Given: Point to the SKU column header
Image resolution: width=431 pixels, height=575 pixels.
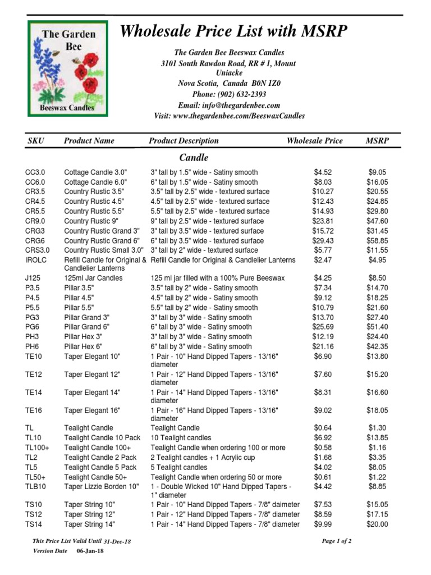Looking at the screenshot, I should point(36,141).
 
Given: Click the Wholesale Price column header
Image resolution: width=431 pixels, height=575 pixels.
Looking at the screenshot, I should point(314,141).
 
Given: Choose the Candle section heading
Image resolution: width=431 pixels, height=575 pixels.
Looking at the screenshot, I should point(194,158).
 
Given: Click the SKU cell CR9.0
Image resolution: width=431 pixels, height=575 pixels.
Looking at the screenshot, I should point(35,221).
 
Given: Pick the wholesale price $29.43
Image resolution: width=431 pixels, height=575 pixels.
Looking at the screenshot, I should point(322,240).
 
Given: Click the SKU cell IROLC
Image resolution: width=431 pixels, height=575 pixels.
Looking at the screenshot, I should point(35,260).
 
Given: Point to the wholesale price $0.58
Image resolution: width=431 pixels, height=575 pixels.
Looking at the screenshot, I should point(322,448).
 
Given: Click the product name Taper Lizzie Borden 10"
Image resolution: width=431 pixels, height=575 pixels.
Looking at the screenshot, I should point(102,486).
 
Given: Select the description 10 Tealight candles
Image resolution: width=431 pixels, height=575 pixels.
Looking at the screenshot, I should point(181,437).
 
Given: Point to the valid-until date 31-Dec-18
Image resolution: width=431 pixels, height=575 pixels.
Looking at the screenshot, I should point(117,542).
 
